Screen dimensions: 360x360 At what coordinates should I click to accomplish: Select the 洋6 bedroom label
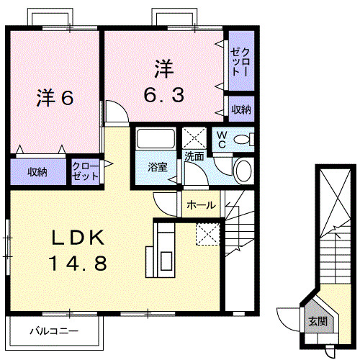click(55, 98)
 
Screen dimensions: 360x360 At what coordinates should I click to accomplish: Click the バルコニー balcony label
click(53, 332)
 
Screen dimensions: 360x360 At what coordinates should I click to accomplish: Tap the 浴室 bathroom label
click(158, 168)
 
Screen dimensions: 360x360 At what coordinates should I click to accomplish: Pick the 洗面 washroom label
click(193, 156)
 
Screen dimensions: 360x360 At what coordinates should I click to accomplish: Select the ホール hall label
click(200, 205)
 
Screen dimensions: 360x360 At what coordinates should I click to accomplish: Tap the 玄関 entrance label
click(317, 322)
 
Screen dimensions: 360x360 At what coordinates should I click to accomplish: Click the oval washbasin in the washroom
click(243, 171)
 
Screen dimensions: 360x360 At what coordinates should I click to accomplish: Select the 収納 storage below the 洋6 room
click(38, 172)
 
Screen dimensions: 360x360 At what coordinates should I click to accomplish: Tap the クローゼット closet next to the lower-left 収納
click(86, 172)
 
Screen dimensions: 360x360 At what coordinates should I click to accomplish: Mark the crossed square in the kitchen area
click(206, 233)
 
